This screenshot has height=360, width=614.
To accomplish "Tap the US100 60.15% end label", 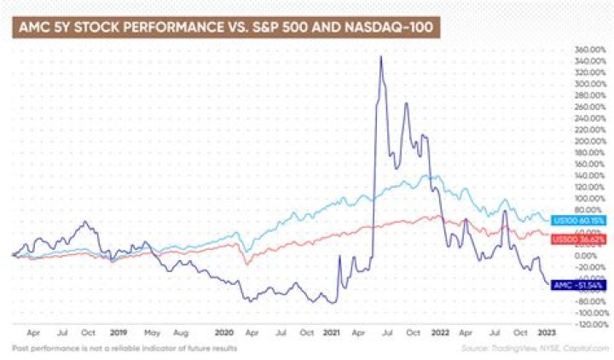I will click(579, 220).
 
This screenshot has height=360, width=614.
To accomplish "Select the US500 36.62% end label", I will click(579, 240).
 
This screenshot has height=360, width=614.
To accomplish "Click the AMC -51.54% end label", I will click(579, 284).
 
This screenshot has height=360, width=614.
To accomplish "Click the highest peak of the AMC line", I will click(380, 56).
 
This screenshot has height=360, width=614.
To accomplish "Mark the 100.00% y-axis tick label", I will click(589, 198).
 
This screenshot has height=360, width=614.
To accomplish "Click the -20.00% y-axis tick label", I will click(589, 267).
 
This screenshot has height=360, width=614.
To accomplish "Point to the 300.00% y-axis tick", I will click(589, 84).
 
